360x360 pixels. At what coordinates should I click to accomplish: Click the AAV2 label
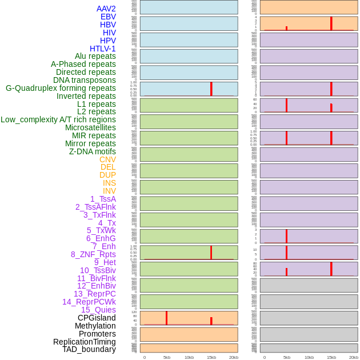point(106,9)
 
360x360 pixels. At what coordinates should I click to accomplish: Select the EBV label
point(108,17)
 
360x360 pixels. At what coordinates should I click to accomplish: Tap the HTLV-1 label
point(103,49)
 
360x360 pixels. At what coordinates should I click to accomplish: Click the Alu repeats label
point(95,56)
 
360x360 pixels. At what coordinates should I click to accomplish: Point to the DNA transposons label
point(85,80)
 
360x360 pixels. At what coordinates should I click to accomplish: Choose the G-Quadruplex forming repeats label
point(61,88)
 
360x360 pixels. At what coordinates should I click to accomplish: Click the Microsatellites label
point(90,127)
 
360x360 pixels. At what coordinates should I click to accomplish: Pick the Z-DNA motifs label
point(93,151)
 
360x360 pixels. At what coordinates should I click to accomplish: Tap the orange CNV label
point(108,159)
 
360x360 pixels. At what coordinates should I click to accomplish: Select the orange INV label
point(109,191)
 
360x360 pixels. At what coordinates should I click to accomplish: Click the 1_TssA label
point(103,199)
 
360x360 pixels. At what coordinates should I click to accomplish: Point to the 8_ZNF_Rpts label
point(93,254)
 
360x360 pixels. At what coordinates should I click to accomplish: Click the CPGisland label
point(97,318)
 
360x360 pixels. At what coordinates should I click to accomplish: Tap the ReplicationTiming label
point(85,342)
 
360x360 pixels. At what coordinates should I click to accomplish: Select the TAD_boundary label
point(89,349)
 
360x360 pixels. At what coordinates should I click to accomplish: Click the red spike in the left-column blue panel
point(211,89)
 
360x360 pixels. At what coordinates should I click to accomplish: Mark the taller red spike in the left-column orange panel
point(166,318)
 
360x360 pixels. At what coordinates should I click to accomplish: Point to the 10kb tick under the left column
point(189,357)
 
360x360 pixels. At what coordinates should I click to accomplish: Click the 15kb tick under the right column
point(331,357)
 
